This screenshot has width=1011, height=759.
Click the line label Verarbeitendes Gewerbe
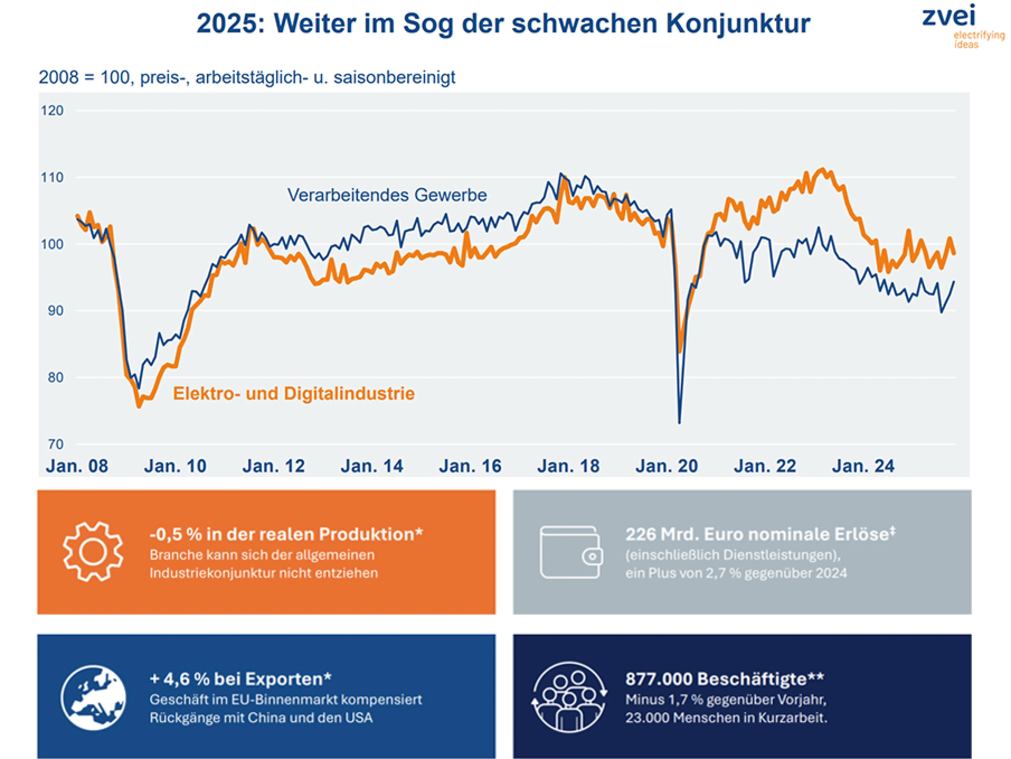click(387, 195)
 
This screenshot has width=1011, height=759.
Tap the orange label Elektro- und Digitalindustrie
click(294, 393)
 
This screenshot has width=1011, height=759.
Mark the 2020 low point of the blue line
click(679, 422)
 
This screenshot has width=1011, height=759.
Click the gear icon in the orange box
click(93, 552)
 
